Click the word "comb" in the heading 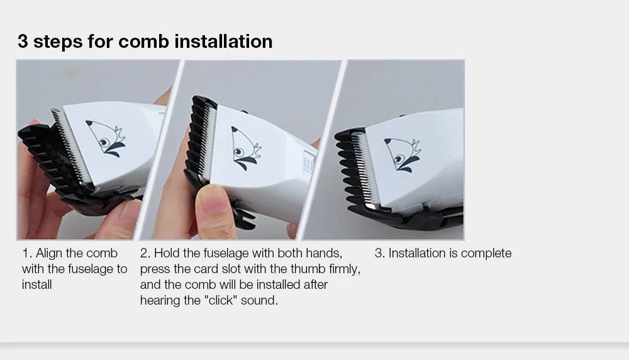pos(143,42)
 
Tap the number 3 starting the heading pos(23,42)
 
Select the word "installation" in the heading pos(223,42)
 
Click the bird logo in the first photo pos(106,138)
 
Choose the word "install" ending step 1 pos(37,284)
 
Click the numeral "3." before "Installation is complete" pos(379,253)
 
